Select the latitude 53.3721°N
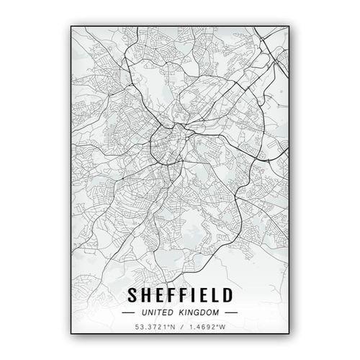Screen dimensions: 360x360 154,329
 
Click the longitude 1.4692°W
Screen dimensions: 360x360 207,329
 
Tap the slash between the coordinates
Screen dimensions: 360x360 180,329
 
